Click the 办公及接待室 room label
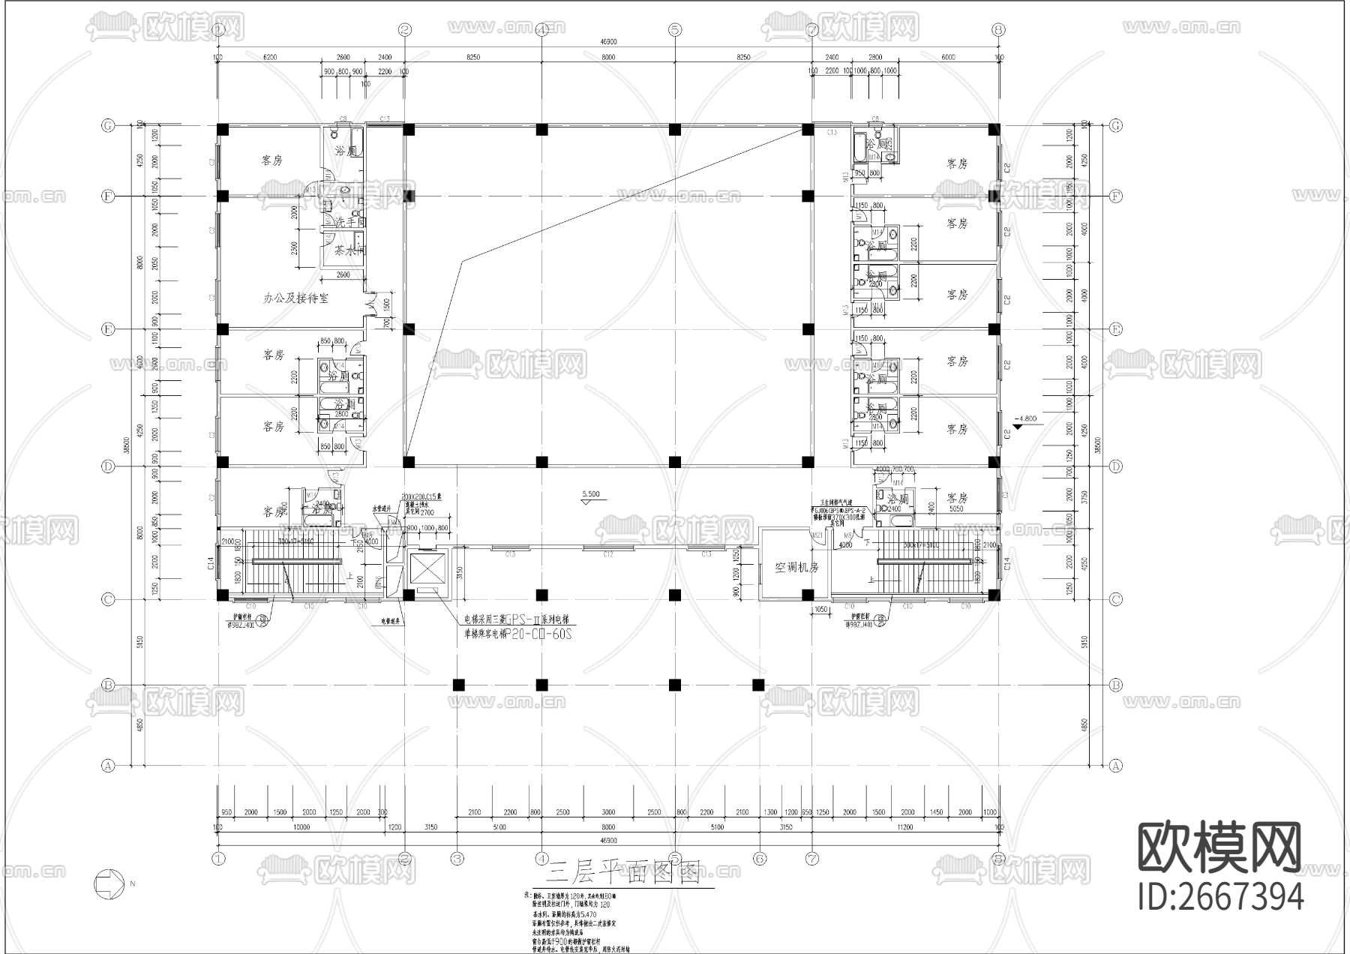pos(295,298)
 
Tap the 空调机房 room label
pos(796,567)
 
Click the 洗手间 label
pos(349,223)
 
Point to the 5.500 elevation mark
pos(591,494)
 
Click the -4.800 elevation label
pos(1024,418)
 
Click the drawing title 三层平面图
pos(622,873)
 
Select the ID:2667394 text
pos(1220,897)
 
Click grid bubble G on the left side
pos(108,125)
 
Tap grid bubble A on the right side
pos(1115,766)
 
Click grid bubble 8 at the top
pos(997,30)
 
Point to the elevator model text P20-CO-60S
pos(538,634)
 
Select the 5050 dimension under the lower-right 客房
pos(955,508)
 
